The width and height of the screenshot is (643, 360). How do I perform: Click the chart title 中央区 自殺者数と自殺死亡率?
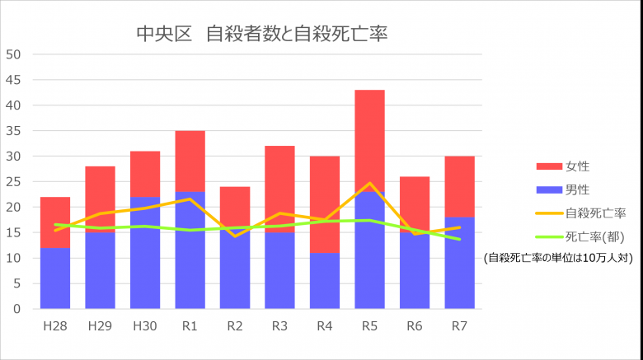click(x=261, y=34)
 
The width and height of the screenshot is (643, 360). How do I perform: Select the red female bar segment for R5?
click(x=370, y=136)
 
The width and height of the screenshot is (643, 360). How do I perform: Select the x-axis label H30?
click(x=145, y=326)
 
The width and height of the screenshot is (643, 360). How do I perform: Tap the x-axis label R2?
click(x=235, y=326)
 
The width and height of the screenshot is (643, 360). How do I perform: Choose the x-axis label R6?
click(x=415, y=326)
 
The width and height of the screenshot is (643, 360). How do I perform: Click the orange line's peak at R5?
click(x=370, y=184)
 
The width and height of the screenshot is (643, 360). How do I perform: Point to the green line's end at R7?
click(x=459, y=240)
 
